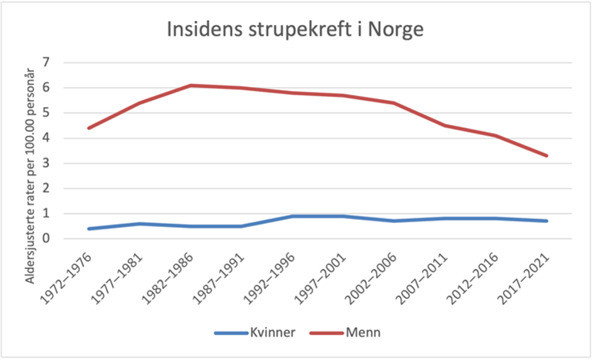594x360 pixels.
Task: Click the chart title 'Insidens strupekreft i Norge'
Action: (295, 30)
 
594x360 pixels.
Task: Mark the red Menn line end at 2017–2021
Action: (547, 155)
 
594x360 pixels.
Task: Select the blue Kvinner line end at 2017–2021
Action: (547, 221)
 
